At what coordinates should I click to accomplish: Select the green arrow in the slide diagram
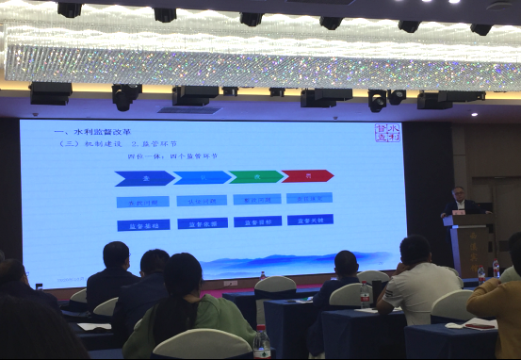pyautogui.click(x=255, y=176)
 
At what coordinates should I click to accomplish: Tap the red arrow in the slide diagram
pyautogui.click(x=307, y=175)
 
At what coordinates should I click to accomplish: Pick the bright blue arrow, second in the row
pyautogui.click(x=202, y=177)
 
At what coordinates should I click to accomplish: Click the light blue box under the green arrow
pyautogui.click(x=256, y=199)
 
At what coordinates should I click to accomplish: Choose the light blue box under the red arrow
pyautogui.click(x=309, y=198)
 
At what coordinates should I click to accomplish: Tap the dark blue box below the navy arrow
pyautogui.click(x=143, y=225)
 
